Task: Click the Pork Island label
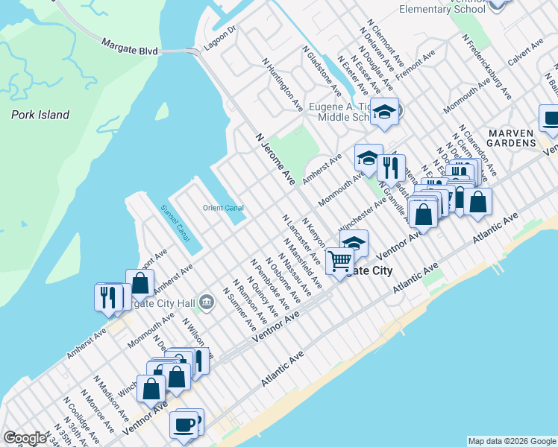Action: (40, 115)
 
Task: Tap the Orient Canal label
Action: (223, 208)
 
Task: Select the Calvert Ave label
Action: (526, 57)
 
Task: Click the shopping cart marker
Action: (340, 261)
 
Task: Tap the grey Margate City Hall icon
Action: (207, 302)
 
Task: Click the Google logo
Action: (24, 438)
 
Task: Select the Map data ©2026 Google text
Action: (512, 441)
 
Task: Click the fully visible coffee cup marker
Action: (183, 425)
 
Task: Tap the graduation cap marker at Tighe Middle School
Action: (385, 112)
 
